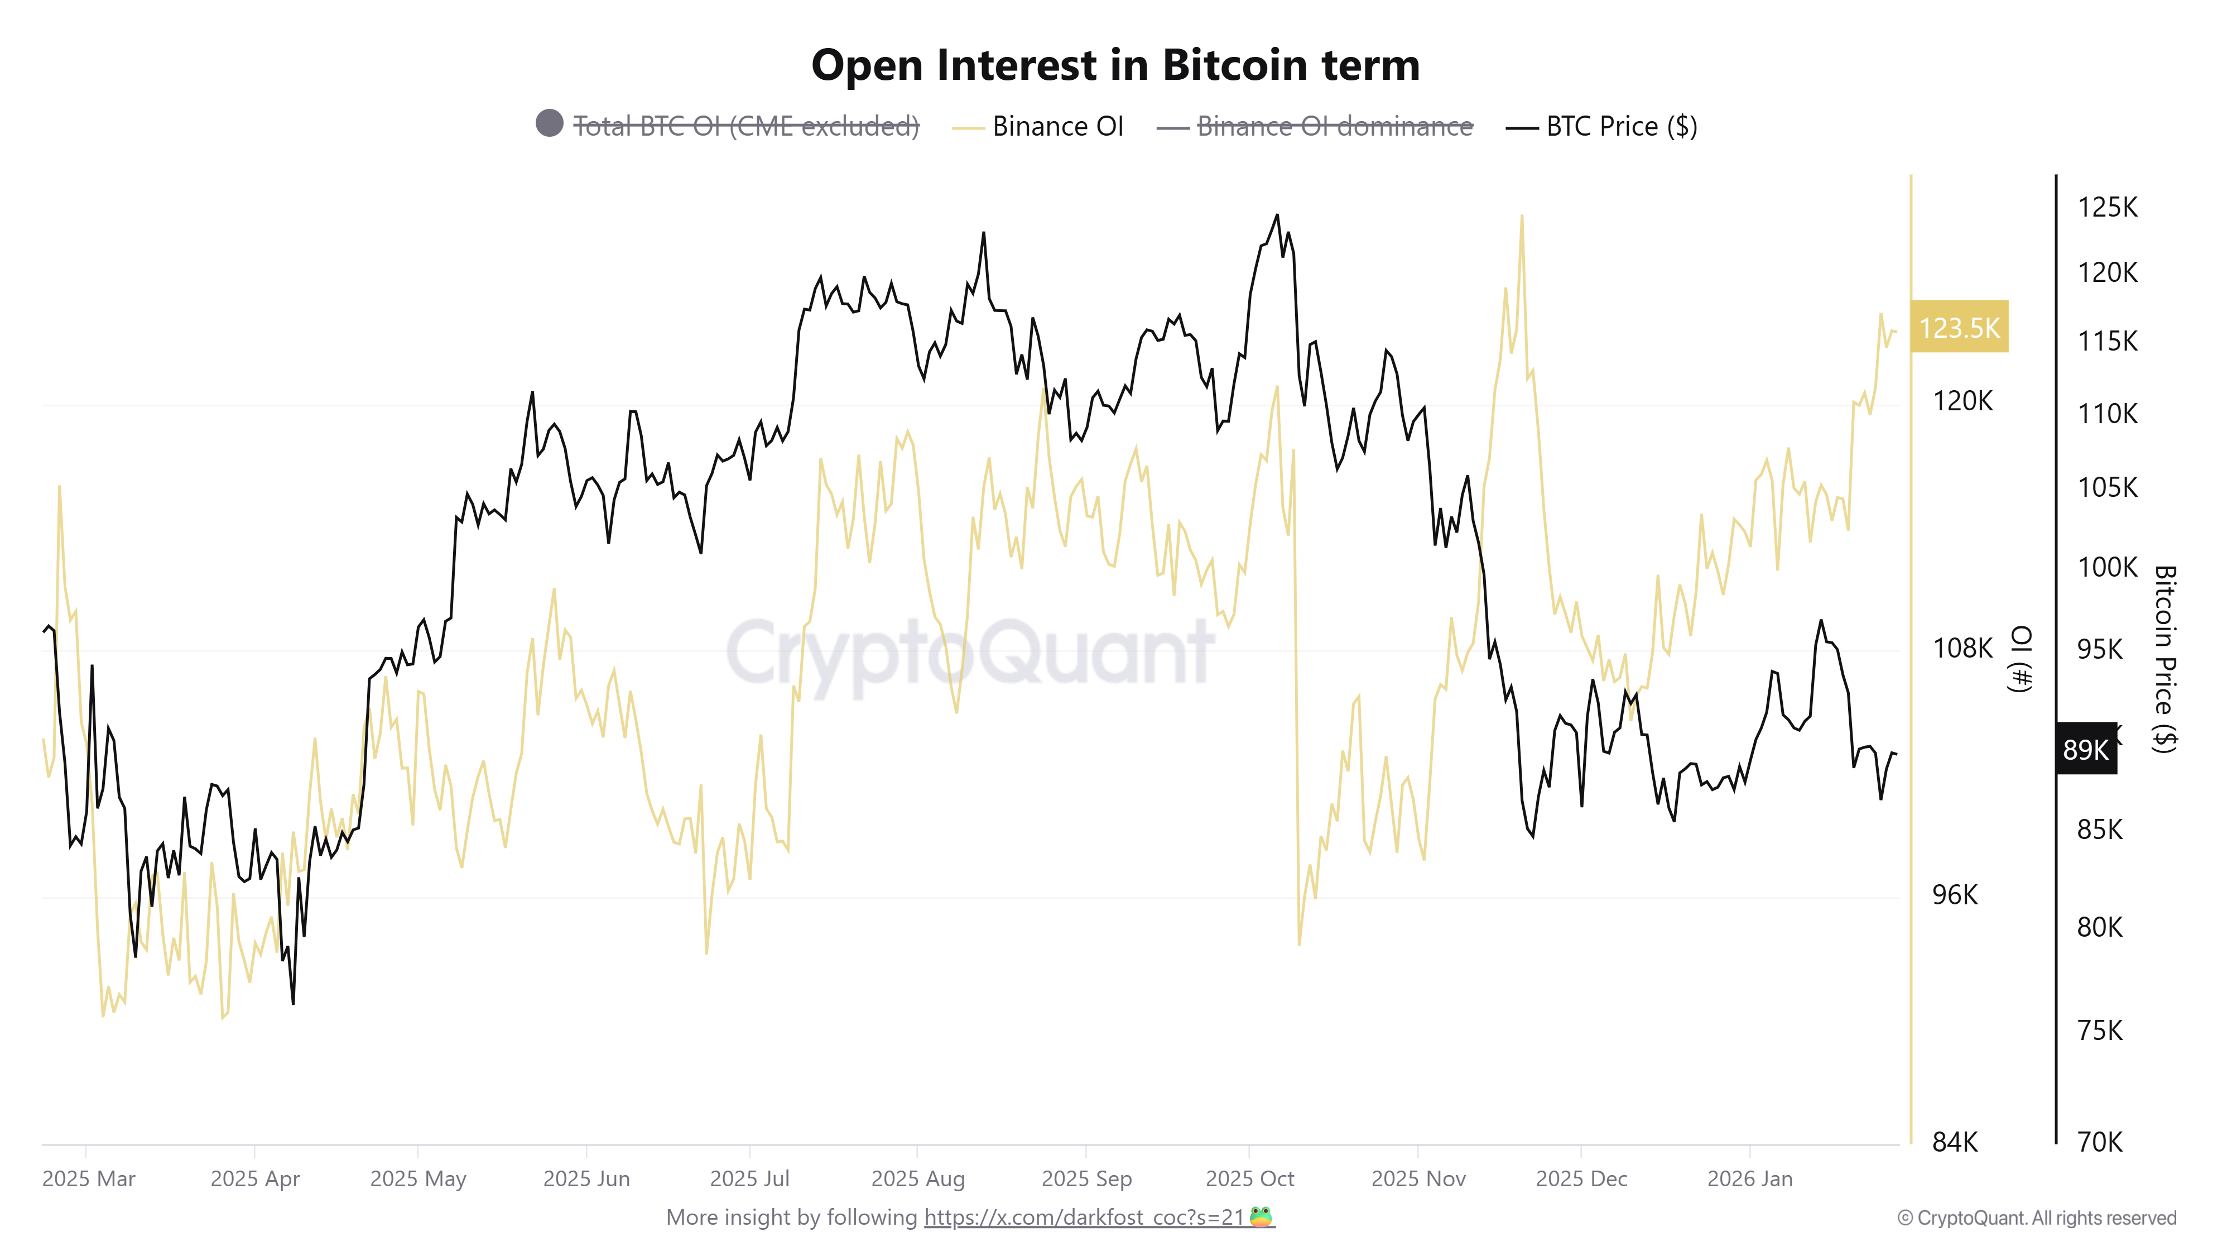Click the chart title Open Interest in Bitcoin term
(1115, 65)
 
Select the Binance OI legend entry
(1057, 127)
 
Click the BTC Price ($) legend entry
(1620, 127)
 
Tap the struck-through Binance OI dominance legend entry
(1334, 127)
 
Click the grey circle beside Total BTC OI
(549, 123)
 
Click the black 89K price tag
(2086, 749)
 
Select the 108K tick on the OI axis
(1962, 648)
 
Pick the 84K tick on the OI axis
(1955, 1142)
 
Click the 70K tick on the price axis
(2099, 1142)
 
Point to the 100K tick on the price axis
(2107, 567)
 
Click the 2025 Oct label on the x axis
(1249, 1179)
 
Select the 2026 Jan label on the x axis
(1749, 1179)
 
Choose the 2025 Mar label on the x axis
(88, 1179)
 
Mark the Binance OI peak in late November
(1522, 216)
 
